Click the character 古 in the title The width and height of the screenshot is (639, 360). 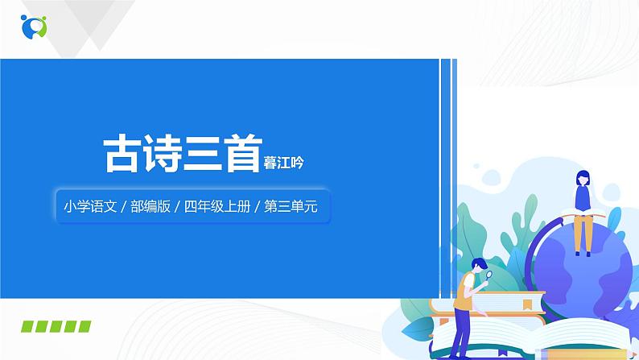point(123,153)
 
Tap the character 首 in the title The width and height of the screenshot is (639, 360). point(240,153)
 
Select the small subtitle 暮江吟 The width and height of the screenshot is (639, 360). point(284,162)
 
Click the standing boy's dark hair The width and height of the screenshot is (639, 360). point(478,263)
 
